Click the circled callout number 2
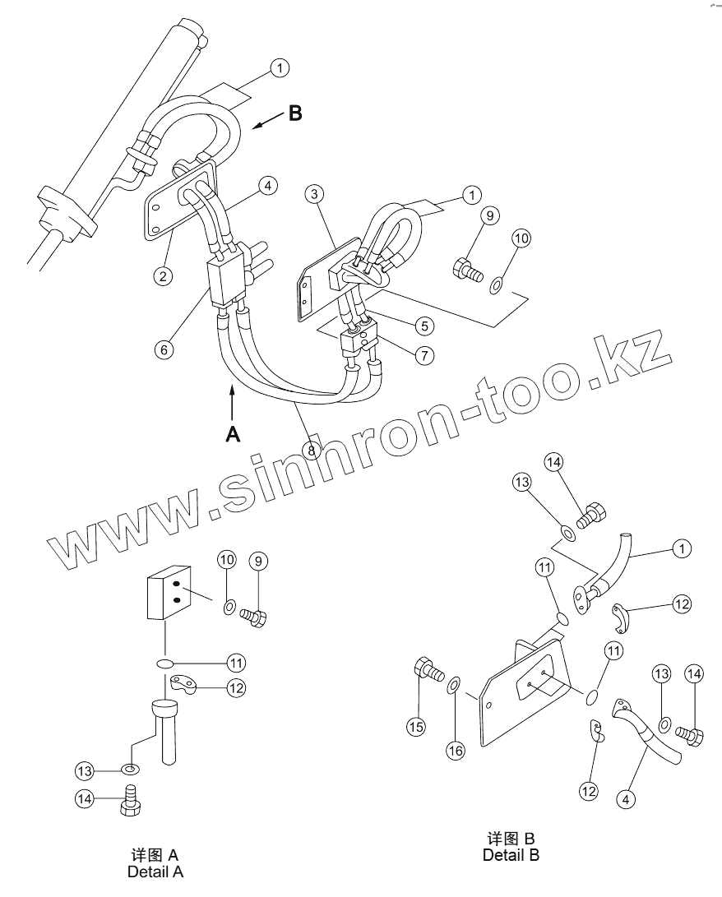tap(164, 275)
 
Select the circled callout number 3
tap(313, 195)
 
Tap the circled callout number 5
tap(424, 326)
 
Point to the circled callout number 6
tap(164, 349)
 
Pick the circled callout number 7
tap(424, 355)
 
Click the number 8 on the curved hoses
tap(312, 450)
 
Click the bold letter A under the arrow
tap(234, 434)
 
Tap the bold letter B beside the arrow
tap(294, 113)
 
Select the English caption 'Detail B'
tap(511, 855)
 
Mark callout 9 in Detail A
tap(258, 562)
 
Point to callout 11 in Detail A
tap(237, 662)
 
